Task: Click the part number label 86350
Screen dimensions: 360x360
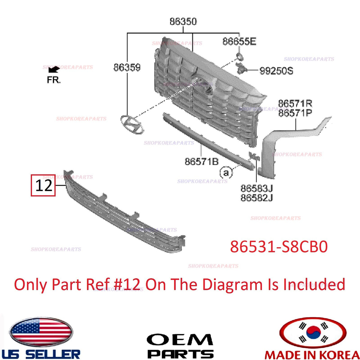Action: click(x=183, y=21)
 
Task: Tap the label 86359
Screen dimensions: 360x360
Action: click(x=127, y=67)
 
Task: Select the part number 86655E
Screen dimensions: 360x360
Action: click(x=239, y=41)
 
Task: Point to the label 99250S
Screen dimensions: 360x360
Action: click(x=276, y=71)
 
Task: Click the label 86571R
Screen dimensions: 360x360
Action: click(x=295, y=103)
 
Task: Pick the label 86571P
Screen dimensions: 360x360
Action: click(x=295, y=113)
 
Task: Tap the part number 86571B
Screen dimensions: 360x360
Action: click(x=201, y=161)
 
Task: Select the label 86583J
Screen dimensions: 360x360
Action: click(x=257, y=188)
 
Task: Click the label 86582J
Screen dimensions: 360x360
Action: click(x=257, y=197)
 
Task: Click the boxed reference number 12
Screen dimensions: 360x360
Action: click(x=43, y=185)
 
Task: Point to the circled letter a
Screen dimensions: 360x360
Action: click(x=226, y=172)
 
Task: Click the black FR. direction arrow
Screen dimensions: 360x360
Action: click(x=54, y=69)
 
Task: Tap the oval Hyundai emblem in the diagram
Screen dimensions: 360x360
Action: click(x=132, y=124)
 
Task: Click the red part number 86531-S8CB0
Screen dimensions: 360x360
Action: click(x=279, y=247)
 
